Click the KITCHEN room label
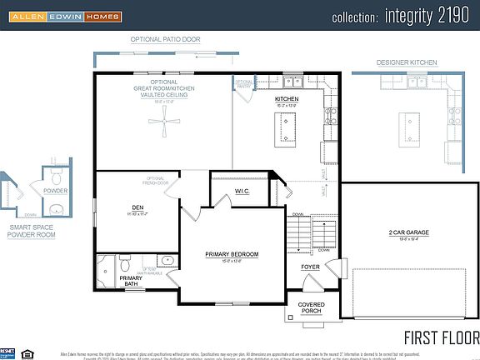287,99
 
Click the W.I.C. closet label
242,192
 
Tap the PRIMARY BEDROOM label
232,254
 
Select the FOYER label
310,267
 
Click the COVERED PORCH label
311,308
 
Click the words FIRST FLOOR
441,337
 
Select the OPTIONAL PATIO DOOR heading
163,39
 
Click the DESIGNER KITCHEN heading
406,62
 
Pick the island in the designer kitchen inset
409,125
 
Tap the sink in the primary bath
167,261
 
